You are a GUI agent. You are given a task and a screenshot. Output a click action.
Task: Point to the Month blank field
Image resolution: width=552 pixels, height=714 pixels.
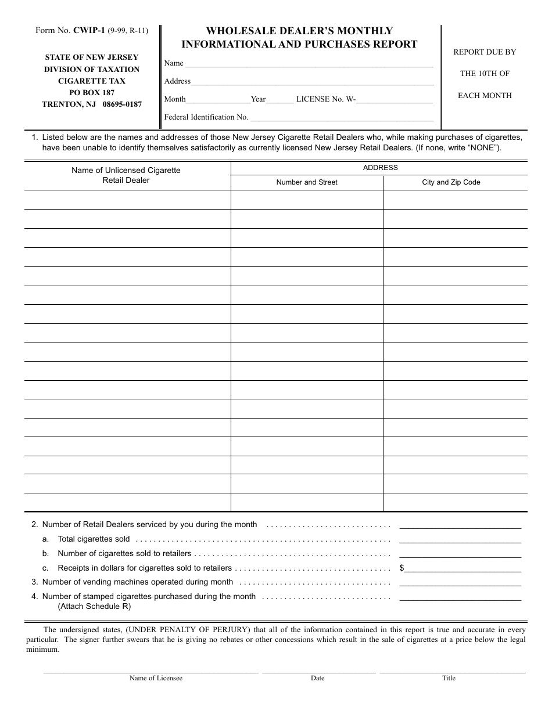pos(218,100)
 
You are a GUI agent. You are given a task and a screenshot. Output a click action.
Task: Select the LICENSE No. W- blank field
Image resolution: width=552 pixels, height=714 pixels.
pos(395,100)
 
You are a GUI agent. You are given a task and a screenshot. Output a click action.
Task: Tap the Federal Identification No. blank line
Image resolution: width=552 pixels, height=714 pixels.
pos(341,118)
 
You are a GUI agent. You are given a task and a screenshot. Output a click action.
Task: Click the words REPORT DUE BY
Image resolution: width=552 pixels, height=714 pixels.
pos(485,52)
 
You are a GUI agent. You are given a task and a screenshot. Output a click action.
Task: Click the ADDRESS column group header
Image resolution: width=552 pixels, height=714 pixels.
pos(380,168)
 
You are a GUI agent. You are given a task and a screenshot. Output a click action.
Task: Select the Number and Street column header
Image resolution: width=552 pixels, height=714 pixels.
pos(307,182)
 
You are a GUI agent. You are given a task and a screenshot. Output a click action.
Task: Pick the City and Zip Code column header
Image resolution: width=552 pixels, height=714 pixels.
pos(451,182)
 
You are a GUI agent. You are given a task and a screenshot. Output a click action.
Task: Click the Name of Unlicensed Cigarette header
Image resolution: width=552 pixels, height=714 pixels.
pos(126,171)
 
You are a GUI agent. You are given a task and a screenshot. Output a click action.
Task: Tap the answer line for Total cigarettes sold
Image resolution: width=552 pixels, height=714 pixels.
pos(460,540)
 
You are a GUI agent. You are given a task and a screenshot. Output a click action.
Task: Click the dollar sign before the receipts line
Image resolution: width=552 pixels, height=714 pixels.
pos(402,568)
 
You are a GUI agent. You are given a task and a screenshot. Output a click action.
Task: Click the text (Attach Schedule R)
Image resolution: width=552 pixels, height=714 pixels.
pos(94,607)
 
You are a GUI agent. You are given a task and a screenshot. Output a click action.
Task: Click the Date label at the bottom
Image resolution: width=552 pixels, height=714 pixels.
pos(317,678)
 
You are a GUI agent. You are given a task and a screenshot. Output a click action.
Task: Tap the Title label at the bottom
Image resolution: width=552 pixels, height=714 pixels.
pos(449,678)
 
